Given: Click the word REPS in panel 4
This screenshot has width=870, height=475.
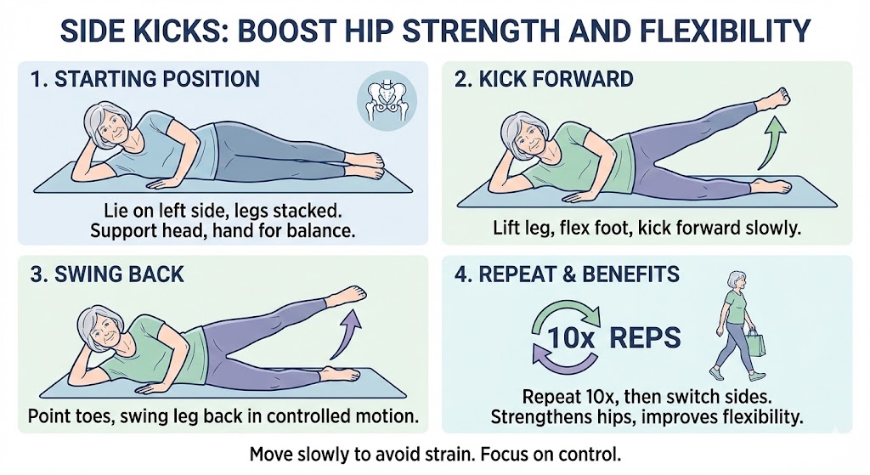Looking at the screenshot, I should click(643, 337).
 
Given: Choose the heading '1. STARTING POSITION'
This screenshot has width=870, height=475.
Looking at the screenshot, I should click(144, 80).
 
